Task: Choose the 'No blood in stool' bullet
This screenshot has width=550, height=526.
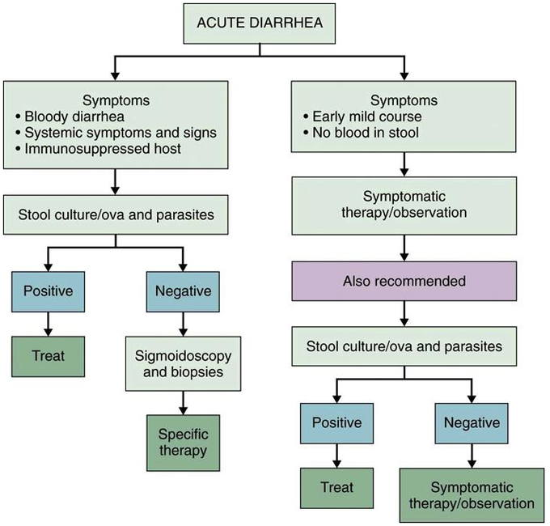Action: click(x=364, y=132)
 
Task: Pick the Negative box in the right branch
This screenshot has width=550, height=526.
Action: click(x=472, y=422)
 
